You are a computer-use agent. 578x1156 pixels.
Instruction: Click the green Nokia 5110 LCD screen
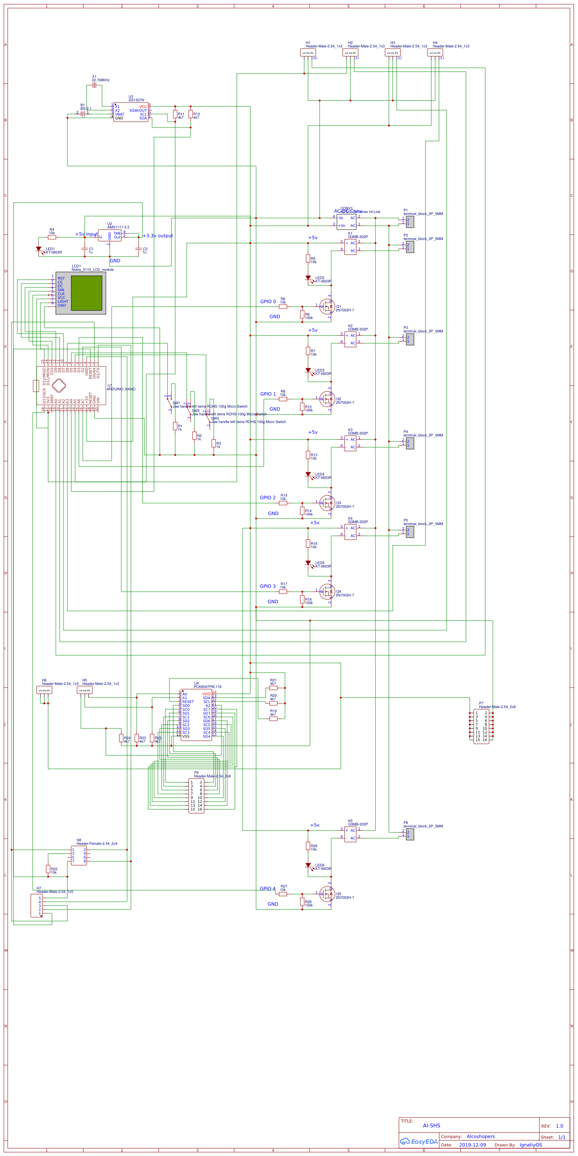click(87, 293)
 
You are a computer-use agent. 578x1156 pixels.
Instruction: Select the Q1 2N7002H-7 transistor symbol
click(327, 307)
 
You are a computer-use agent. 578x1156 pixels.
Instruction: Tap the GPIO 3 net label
click(268, 586)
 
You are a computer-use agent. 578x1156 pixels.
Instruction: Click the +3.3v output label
click(157, 236)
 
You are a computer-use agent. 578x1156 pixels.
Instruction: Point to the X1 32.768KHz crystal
click(94, 85)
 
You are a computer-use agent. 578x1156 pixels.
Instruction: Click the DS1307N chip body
click(131, 112)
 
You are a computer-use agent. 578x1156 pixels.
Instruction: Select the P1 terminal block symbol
click(410, 222)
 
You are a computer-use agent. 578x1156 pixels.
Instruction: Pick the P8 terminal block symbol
click(410, 834)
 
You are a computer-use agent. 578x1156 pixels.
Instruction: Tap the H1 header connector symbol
click(308, 52)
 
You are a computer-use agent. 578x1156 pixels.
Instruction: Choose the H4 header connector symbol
click(435, 52)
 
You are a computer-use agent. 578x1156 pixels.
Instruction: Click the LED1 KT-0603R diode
click(39, 249)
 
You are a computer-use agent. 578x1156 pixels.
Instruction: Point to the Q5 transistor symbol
click(327, 894)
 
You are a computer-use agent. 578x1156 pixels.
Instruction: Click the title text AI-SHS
click(431, 1126)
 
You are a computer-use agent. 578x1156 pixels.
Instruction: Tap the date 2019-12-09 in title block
click(472, 1145)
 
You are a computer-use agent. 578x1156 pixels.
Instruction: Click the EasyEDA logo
click(418, 1141)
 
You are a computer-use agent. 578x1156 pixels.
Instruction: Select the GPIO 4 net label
click(268, 889)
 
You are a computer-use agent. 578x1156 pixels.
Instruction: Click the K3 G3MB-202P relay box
click(350, 443)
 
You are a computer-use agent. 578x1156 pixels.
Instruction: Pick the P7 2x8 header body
click(481, 726)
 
